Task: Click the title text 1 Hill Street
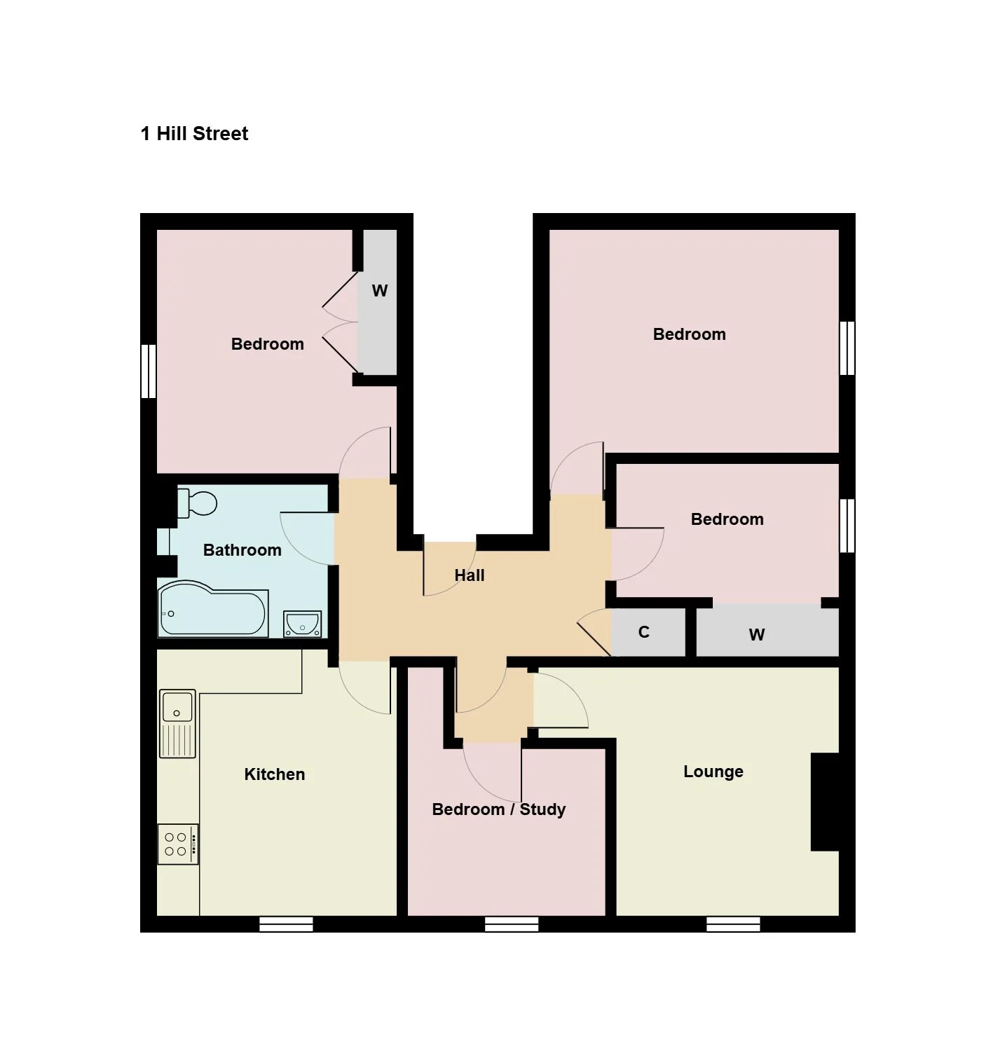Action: (194, 134)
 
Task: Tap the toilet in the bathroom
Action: (197, 503)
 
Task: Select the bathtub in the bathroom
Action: (213, 610)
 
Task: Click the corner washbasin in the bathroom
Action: (303, 624)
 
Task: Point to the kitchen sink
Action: (177, 723)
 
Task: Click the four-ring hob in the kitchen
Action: (178, 844)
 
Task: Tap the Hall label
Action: (470, 575)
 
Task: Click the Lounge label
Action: (713, 772)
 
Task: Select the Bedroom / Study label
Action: (499, 809)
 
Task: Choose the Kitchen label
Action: (274, 774)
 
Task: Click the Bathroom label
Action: (242, 549)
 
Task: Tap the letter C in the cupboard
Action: (643, 632)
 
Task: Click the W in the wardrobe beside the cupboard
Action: (756, 635)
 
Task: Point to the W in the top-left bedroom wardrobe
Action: (379, 291)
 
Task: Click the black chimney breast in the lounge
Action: (825, 802)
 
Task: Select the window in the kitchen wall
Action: (286, 925)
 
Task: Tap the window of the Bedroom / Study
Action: (512, 925)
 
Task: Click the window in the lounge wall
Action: (733, 925)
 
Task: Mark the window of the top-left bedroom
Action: (149, 371)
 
